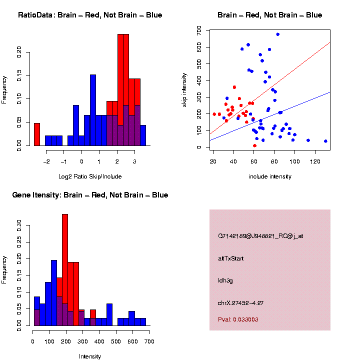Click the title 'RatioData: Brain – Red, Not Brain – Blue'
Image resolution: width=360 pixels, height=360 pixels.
pos(90,15)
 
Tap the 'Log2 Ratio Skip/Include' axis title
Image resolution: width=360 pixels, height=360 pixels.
pos(90,176)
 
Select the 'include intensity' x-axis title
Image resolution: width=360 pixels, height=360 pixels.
pos(270,176)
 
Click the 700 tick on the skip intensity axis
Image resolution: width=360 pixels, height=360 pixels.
pos(199,31)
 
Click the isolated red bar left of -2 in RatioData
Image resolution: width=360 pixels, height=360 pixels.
pos(36,134)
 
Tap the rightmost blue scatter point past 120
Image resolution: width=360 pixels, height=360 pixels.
pos(325,141)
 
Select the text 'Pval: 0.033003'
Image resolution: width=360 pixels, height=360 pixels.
pos(238,319)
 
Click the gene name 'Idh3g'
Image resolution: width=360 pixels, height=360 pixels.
pos(225,280)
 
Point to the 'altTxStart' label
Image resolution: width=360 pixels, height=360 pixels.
pos(230,258)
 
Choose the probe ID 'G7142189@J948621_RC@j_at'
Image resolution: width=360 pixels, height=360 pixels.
pos(260,236)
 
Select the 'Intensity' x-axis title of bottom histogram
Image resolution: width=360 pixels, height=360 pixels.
pos(90,356)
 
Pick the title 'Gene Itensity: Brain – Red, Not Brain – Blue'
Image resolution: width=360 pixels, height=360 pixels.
pos(90,195)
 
